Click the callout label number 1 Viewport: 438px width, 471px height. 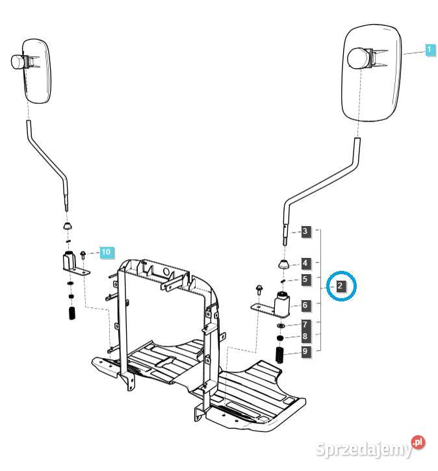click(430, 49)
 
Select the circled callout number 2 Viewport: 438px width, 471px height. click(341, 285)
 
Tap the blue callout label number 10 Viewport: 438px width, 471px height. click(106, 251)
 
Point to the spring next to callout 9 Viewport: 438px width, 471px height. click(281, 355)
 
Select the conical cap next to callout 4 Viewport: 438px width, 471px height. click(284, 263)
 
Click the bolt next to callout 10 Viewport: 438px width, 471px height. click(84, 254)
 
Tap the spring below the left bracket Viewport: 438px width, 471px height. click(71, 312)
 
